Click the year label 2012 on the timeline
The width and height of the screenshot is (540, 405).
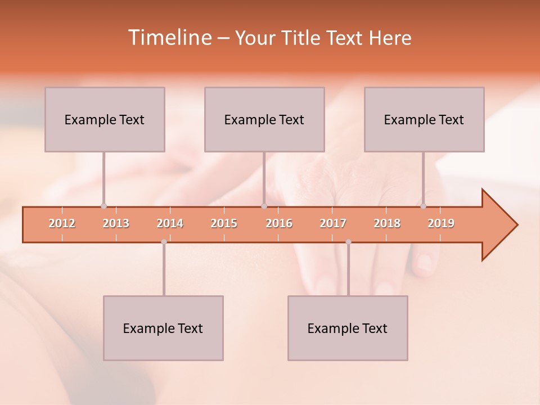62,223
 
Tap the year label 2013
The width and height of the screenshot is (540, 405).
116,223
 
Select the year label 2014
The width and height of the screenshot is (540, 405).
170,223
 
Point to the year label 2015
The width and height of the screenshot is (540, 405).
224,223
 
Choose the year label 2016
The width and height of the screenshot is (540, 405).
279,223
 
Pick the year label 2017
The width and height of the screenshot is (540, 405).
333,223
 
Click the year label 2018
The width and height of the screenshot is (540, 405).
387,223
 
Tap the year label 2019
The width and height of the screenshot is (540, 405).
441,223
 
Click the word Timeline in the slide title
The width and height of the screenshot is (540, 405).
169,38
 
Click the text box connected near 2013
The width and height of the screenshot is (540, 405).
105,119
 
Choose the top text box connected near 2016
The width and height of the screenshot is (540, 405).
264,119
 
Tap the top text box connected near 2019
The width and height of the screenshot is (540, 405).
424,119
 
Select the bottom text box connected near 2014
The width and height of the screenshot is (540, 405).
163,328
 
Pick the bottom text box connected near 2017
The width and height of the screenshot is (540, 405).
348,328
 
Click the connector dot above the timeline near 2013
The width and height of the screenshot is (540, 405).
103,206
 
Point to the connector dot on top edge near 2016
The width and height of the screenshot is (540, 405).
264,206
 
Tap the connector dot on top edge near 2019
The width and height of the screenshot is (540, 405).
423,206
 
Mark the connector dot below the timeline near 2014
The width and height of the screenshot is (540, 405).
164,242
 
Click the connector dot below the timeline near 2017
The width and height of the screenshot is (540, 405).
348,242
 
